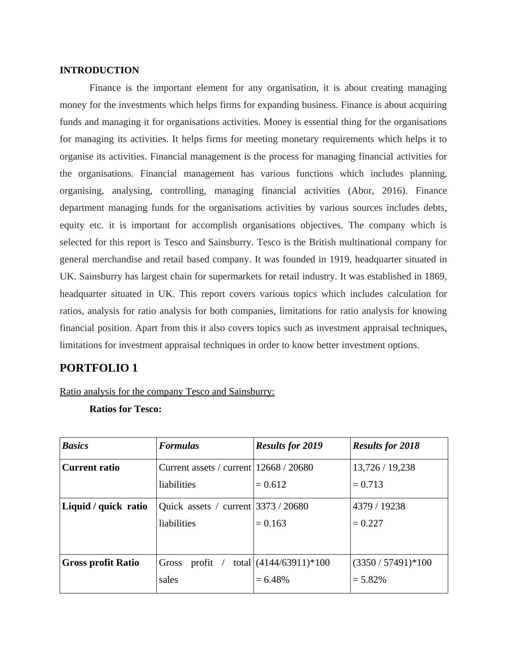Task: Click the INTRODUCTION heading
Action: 99,70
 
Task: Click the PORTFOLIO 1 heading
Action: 98,368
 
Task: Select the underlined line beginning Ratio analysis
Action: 167,392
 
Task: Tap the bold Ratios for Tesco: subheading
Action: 125,409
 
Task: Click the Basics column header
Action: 75,446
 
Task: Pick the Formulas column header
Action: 179,446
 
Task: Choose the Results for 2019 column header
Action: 289,446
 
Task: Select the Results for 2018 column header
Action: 386,446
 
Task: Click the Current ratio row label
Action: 91,468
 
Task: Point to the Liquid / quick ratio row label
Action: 104,506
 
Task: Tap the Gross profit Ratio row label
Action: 101,563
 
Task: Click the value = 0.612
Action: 271,485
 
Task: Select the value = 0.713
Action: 368,485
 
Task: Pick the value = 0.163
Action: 271,523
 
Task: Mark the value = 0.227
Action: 368,523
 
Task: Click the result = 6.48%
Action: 273,580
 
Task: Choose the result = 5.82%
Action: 369,580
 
